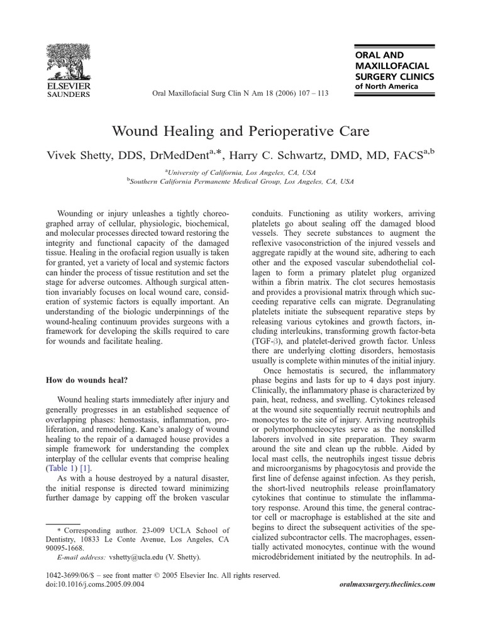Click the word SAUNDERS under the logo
pyautogui.click(x=69, y=95)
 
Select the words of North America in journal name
pyautogui.click(x=386, y=87)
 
